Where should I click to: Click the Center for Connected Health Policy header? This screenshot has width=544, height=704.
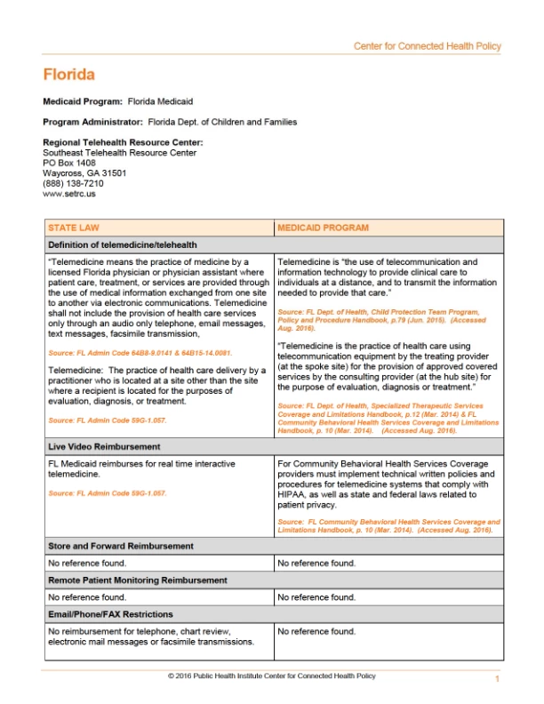click(x=427, y=46)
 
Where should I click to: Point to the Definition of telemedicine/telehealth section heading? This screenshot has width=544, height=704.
click(x=122, y=244)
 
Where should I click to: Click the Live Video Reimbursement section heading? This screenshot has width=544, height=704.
click(x=104, y=446)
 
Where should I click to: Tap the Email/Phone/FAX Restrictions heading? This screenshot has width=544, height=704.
click(x=110, y=614)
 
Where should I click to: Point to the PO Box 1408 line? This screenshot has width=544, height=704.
click(x=68, y=164)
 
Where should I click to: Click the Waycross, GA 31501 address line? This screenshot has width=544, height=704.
click(x=84, y=173)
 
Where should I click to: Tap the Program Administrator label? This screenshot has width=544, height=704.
click(x=92, y=122)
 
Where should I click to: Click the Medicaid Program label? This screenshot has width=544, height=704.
click(x=83, y=102)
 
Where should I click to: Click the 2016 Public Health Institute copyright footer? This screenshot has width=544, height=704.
click(x=271, y=676)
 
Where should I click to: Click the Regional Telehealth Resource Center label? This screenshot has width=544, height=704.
click(x=123, y=142)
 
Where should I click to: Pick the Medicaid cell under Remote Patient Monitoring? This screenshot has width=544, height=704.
click(x=316, y=597)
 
